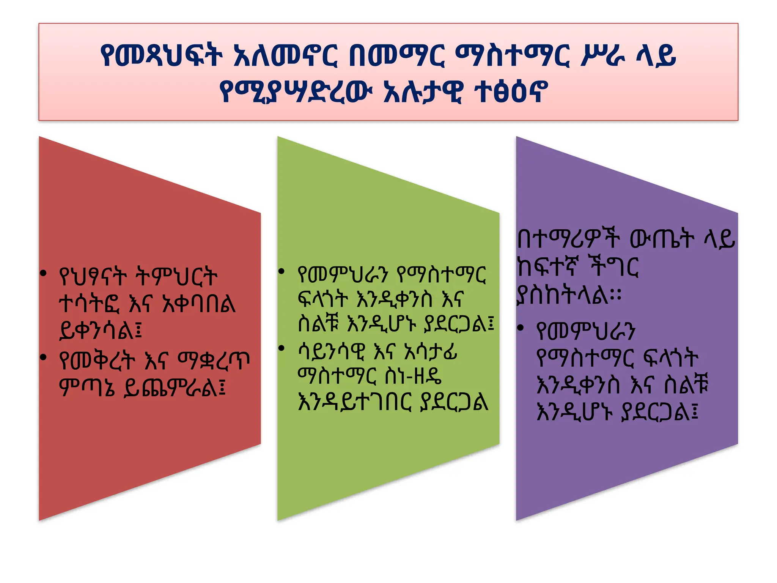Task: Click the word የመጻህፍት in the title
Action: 161,55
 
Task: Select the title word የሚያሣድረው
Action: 294,91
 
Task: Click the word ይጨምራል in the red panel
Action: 175,387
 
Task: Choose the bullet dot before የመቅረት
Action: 44,357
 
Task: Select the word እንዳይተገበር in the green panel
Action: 354,402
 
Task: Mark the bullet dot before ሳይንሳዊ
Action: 281,348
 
